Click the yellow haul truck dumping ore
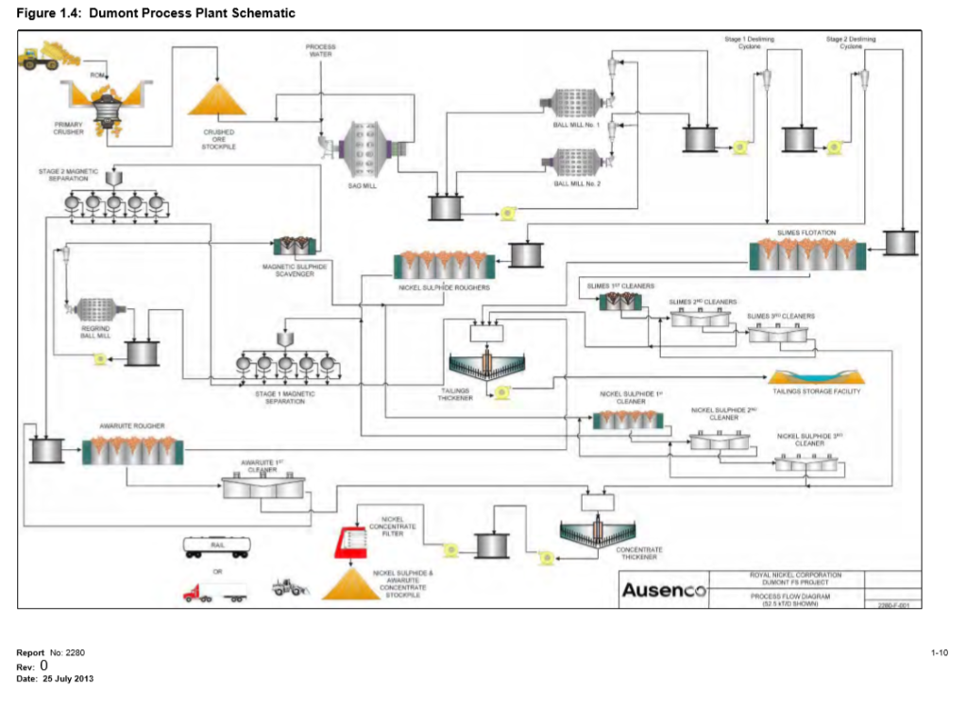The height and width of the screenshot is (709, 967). click(38, 56)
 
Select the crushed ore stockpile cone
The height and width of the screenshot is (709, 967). click(218, 100)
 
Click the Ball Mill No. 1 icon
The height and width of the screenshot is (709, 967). click(575, 102)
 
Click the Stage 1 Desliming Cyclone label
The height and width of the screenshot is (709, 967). click(749, 42)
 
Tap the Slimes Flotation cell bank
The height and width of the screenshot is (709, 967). click(806, 253)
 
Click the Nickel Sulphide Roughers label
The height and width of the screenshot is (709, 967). click(444, 286)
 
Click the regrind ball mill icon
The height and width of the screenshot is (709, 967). click(95, 309)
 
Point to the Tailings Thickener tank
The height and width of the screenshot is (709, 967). click(487, 363)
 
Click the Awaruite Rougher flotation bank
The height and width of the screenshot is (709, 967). click(132, 451)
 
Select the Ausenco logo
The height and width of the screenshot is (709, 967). click(663, 591)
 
